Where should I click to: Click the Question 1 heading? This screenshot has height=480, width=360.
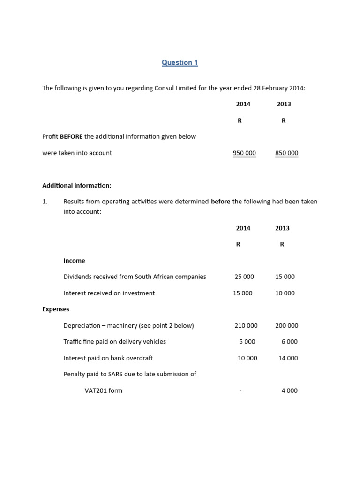(180, 63)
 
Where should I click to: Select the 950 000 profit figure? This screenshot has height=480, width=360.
(244, 153)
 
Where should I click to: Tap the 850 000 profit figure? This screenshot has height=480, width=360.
(286, 153)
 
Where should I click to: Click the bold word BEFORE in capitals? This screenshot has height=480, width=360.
(71, 137)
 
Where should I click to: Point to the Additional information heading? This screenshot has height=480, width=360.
(77, 186)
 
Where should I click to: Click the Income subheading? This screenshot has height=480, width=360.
(74, 261)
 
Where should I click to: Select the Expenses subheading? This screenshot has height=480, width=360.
(56, 309)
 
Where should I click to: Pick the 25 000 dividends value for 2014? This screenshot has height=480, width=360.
(244, 277)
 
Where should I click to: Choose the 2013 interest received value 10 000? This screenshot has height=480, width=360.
(285, 293)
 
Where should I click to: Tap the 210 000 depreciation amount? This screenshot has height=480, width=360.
(246, 326)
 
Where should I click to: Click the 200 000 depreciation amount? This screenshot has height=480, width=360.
(286, 326)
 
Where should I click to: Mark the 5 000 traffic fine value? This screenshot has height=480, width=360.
(247, 342)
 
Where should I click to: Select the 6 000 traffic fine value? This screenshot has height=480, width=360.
(289, 342)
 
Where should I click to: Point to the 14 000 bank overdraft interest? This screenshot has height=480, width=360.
(288, 358)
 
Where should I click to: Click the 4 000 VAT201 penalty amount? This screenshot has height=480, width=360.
(289, 391)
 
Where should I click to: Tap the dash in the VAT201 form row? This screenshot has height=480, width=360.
(240, 391)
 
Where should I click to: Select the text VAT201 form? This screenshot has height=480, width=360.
(103, 391)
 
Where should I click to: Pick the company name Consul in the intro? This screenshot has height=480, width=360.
(164, 88)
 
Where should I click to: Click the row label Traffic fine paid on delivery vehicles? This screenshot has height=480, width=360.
(114, 342)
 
